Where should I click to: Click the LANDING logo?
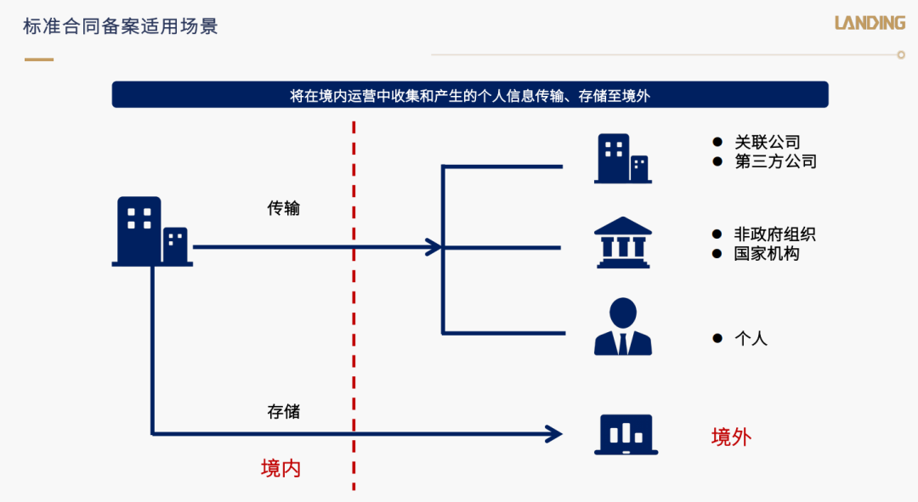(x=870, y=23)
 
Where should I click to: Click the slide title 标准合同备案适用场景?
(x=121, y=26)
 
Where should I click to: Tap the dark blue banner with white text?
(x=470, y=95)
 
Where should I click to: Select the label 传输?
(x=283, y=208)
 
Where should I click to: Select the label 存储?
(x=283, y=412)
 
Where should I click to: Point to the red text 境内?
(x=280, y=469)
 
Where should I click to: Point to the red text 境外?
(x=731, y=437)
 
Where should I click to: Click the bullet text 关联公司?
(x=768, y=142)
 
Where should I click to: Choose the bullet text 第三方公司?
(x=776, y=161)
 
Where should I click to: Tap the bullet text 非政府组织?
(x=775, y=234)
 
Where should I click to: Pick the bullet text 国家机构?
(x=767, y=254)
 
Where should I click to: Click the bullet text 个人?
(x=751, y=339)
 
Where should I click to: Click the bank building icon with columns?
(x=623, y=243)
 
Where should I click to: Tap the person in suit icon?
(x=623, y=326)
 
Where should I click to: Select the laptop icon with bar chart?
(x=626, y=435)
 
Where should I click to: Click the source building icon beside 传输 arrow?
(x=152, y=232)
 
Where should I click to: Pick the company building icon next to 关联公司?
(x=623, y=159)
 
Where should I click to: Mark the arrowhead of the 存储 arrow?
(x=554, y=434)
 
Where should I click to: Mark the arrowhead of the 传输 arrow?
(x=433, y=247)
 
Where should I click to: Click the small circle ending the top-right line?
(x=901, y=55)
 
